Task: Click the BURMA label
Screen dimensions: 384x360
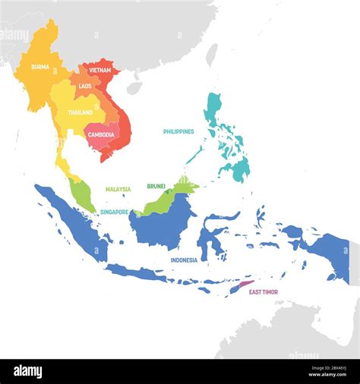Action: tap(40, 67)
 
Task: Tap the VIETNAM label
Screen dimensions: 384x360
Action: tap(99, 70)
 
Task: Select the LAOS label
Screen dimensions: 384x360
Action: tap(84, 87)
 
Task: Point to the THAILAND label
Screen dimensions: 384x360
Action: tap(81, 112)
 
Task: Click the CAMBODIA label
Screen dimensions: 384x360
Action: tap(101, 135)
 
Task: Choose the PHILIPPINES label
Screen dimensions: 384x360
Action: tap(178, 131)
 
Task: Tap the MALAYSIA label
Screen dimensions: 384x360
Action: tap(118, 189)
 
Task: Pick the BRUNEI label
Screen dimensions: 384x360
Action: tap(156, 185)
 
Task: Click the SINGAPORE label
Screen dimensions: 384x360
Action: tap(114, 212)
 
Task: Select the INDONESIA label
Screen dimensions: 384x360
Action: tap(184, 260)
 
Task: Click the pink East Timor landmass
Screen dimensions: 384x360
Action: tap(244, 286)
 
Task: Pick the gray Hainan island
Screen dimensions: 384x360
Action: tap(134, 87)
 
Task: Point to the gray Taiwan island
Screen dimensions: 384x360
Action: tap(212, 55)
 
